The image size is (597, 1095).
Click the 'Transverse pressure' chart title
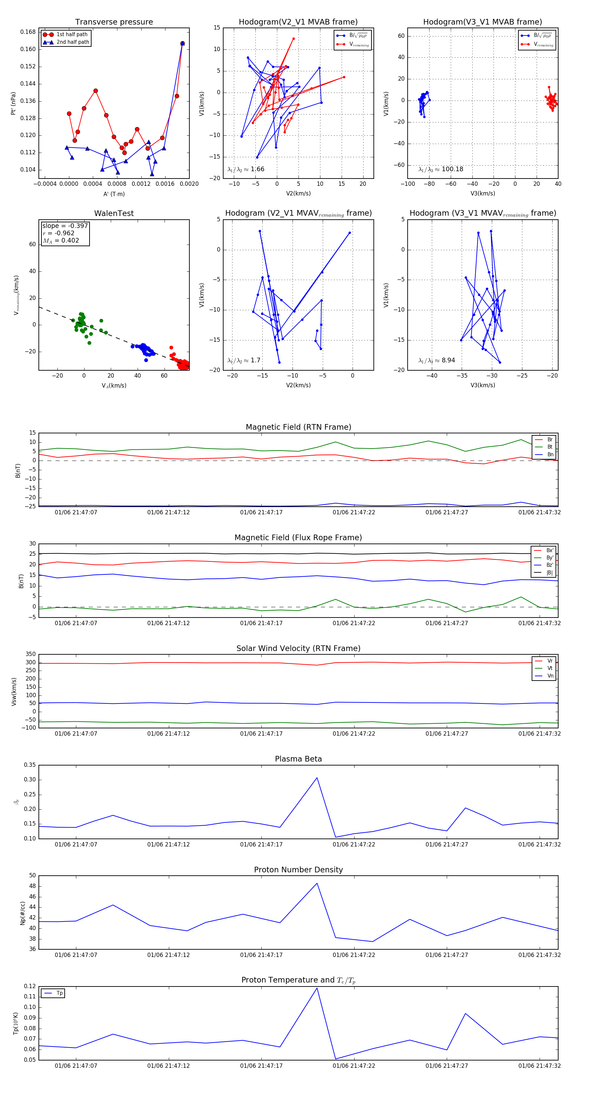pyautogui.click(x=114, y=22)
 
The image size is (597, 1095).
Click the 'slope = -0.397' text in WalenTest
pyautogui.click(x=65, y=226)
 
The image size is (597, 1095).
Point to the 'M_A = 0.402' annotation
pyautogui.click(x=61, y=241)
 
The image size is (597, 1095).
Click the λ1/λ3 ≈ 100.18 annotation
pyautogui.click(x=441, y=169)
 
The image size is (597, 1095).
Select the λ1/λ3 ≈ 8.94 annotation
pyautogui.click(x=436, y=360)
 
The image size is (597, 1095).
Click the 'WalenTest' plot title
pyautogui.click(x=114, y=213)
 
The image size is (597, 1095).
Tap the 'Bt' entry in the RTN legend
pyautogui.click(x=550, y=447)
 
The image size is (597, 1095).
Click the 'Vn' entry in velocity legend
pyautogui.click(x=550, y=676)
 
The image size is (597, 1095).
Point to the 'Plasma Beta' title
pyautogui.click(x=298, y=759)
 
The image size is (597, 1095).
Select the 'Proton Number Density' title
pyautogui.click(x=298, y=870)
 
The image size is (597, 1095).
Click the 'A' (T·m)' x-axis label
pyautogui.click(x=114, y=194)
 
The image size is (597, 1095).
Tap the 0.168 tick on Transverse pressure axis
pyautogui.click(x=28, y=32)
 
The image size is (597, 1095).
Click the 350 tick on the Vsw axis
pyautogui.click(x=31, y=654)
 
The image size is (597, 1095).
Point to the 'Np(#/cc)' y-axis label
pyautogui.click(x=23, y=913)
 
